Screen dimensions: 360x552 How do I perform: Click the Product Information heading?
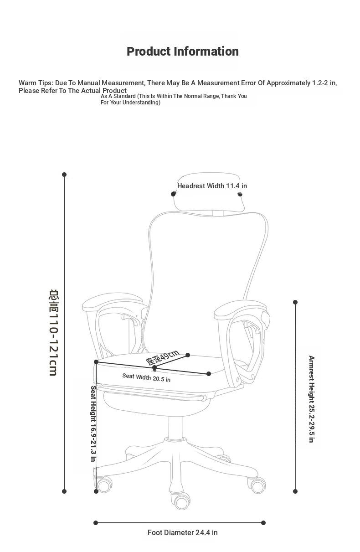183,52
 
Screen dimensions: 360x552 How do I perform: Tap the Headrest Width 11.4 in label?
212,186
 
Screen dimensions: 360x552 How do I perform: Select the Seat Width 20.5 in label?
146,377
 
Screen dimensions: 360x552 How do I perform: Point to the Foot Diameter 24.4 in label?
183,533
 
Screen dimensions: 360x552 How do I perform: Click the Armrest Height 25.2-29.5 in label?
311,399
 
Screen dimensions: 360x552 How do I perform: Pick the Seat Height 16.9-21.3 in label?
93,423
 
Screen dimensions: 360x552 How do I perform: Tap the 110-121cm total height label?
54,333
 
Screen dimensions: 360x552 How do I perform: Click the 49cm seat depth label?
162,357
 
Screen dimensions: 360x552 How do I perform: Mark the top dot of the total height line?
64,175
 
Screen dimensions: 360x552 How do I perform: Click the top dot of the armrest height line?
295,302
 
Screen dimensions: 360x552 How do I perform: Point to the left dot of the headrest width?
173,194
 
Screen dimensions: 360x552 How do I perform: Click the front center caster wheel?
182,501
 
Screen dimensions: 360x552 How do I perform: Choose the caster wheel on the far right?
257,485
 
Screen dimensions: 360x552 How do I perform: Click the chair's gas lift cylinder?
175,428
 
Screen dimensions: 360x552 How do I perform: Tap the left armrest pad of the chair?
113,302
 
